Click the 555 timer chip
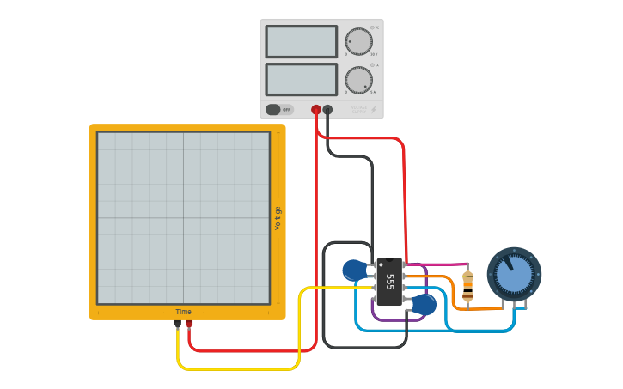click(389, 282)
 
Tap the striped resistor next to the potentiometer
click(467, 285)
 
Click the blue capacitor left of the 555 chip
click(353, 270)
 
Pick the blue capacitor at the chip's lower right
click(424, 304)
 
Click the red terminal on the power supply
click(316, 110)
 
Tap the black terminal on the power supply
click(327, 110)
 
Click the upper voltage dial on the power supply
click(358, 41)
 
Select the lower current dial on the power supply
click(358, 80)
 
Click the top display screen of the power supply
click(301, 41)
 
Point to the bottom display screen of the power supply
click(301, 79)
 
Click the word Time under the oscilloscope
click(184, 312)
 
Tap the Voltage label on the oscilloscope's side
click(278, 217)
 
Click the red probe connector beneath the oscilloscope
click(189, 324)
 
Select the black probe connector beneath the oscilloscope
click(177, 324)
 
